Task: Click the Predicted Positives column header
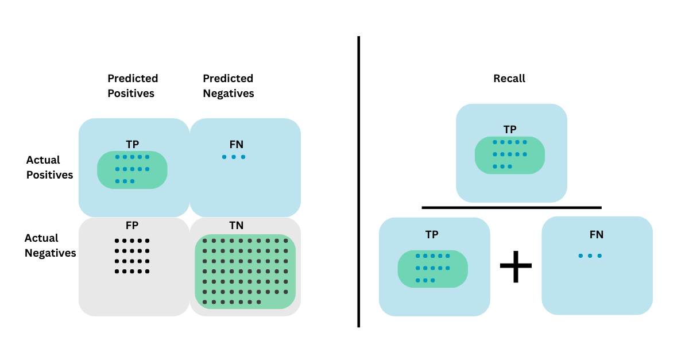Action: pyautogui.click(x=132, y=86)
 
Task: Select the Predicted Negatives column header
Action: pyautogui.click(x=228, y=86)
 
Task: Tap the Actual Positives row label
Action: pyautogui.click(x=50, y=167)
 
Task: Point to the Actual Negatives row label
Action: pyautogui.click(x=50, y=245)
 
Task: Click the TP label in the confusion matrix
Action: pyautogui.click(x=133, y=145)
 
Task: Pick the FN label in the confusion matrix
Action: pyautogui.click(x=236, y=145)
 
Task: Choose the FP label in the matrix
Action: pyautogui.click(x=132, y=225)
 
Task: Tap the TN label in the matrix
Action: pyautogui.click(x=236, y=226)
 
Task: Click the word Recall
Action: pyautogui.click(x=509, y=79)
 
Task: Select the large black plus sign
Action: pyautogui.click(x=516, y=265)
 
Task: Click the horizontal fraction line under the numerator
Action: pyautogui.click(x=511, y=207)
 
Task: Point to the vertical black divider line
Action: pyautogui.click(x=358, y=181)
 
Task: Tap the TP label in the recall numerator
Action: pyautogui.click(x=510, y=130)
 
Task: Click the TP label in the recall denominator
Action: pyautogui.click(x=432, y=234)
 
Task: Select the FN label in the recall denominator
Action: pyautogui.click(x=597, y=234)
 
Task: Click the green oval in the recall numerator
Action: pyautogui.click(x=509, y=155)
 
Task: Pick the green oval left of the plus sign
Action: pyautogui.click(x=433, y=269)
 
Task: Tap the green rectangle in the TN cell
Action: pyautogui.click(x=245, y=271)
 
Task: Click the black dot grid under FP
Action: pyautogui.click(x=132, y=256)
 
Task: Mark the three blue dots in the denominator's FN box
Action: pyautogui.click(x=590, y=256)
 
